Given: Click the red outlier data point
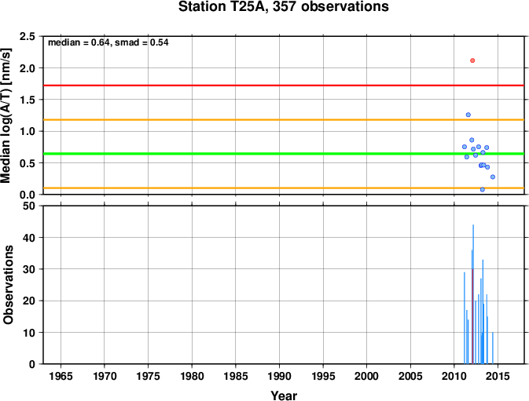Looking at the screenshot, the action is (x=472, y=60).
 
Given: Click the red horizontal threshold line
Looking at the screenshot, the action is (x=284, y=86).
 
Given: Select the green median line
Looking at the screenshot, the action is (x=284, y=154).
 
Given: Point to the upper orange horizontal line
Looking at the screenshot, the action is (x=284, y=119).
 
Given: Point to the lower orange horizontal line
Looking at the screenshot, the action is (x=284, y=188).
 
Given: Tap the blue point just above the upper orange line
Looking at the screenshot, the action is (x=468, y=115).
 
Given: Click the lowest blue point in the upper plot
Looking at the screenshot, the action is (x=483, y=190).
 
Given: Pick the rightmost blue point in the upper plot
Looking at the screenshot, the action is (x=493, y=177).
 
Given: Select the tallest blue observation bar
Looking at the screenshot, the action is (x=473, y=294).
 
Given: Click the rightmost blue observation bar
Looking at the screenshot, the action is (x=493, y=348).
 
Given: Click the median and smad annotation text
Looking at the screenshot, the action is (x=108, y=42).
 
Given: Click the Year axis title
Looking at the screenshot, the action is (x=284, y=396).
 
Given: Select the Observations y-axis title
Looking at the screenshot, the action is (x=8, y=285).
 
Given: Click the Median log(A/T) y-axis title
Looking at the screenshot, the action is (x=6, y=115).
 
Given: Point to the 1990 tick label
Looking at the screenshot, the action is (x=279, y=376).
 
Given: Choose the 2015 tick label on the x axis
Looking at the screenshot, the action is (x=498, y=376).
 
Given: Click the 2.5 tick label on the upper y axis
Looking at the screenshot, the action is (x=28, y=36).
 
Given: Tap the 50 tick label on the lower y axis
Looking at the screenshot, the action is (x=29, y=206).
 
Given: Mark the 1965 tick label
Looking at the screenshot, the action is (x=61, y=376).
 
